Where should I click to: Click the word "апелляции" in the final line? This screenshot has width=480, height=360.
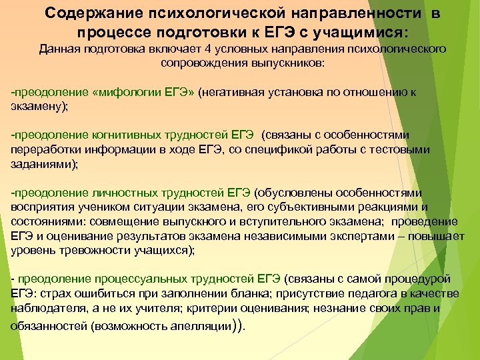click(x=208, y=327)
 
